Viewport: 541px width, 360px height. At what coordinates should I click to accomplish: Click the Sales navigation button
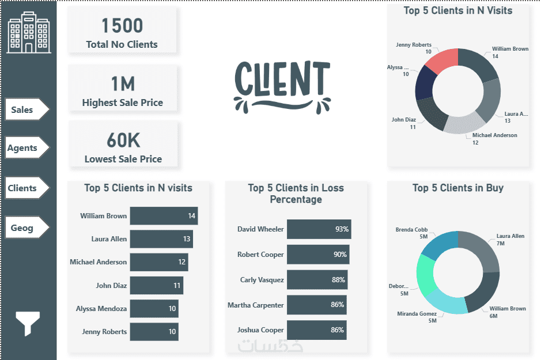click(x=26, y=109)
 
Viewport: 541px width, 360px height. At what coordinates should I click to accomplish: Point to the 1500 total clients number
click(x=122, y=26)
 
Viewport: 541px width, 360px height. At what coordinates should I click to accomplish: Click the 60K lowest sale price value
click(x=123, y=141)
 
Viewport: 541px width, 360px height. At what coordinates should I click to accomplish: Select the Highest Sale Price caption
click(x=122, y=103)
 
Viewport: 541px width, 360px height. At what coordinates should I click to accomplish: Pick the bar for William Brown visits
click(x=164, y=216)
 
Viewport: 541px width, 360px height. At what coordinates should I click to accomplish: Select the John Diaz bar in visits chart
click(x=156, y=285)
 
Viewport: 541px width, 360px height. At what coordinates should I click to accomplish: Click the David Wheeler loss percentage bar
click(x=319, y=229)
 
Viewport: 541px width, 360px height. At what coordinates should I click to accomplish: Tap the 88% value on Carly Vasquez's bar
click(x=338, y=280)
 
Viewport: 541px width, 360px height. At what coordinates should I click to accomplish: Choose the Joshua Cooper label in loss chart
click(x=260, y=330)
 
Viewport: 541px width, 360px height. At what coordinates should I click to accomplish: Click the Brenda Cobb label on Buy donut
click(x=411, y=230)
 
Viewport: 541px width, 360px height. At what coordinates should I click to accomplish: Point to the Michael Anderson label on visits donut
click(x=494, y=135)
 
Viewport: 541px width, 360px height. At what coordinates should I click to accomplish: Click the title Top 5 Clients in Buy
click(x=458, y=188)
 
